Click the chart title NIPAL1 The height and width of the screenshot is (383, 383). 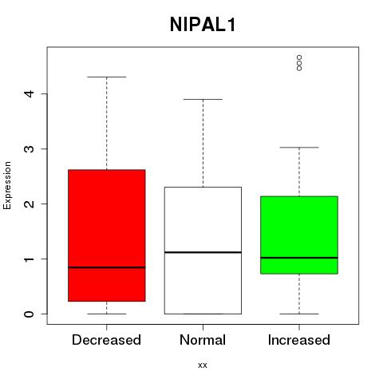pyautogui.click(x=203, y=25)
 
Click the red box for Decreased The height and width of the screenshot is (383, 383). pyautogui.click(x=107, y=235)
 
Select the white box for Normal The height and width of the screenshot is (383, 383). pyautogui.click(x=203, y=251)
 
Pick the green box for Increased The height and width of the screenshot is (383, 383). pyautogui.click(x=299, y=235)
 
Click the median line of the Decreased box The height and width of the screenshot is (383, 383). pyautogui.click(x=107, y=267)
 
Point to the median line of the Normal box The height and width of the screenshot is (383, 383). pyautogui.click(x=203, y=252)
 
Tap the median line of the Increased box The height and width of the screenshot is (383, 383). pyautogui.click(x=299, y=258)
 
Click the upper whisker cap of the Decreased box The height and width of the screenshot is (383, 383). pyautogui.click(x=107, y=77)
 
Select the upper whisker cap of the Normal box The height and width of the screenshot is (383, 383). pyautogui.click(x=203, y=99)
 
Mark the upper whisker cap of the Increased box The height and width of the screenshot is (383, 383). pyautogui.click(x=299, y=147)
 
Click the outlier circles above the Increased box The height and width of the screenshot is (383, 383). pyautogui.click(x=299, y=63)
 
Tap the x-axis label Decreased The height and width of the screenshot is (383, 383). pyautogui.click(x=106, y=340)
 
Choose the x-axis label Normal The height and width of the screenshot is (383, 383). pyautogui.click(x=203, y=340)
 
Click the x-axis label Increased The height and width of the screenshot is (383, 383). pyautogui.click(x=299, y=340)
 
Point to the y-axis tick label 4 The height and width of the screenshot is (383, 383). pyautogui.click(x=30, y=93)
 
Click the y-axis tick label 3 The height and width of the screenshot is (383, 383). pyautogui.click(x=30, y=148)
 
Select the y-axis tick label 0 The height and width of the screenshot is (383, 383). pyautogui.click(x=30, y=314)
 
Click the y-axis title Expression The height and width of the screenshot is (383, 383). pyautogui.click(x=7, y=185)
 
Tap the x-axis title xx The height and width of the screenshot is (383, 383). pyautogui.click(x=203, y=365)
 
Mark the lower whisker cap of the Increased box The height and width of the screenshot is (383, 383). pyautogui.click(x=299, y=314)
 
